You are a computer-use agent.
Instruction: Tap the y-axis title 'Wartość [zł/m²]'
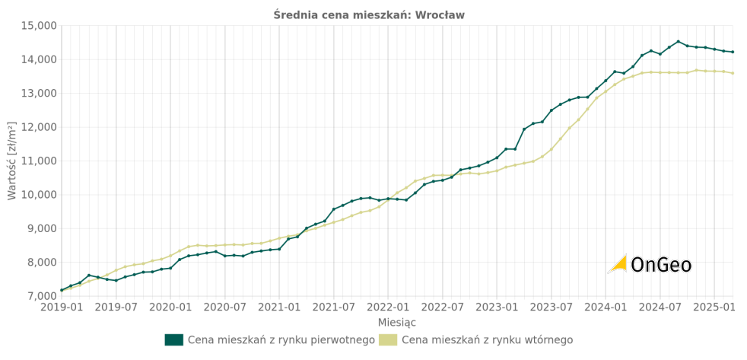pos(11,161)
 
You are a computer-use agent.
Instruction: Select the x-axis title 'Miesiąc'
pos(397,323)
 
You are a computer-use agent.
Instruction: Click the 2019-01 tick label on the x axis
pos(61,307)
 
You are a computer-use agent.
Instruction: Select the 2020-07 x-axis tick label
pos(224,307)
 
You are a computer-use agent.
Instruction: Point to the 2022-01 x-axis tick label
pos(388,307)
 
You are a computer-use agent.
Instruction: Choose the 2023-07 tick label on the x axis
pos(551,307)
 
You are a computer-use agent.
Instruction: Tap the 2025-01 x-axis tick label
pos(714,307)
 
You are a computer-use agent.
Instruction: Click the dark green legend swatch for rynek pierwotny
pos(173,340)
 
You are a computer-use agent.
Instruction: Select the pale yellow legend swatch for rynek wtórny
pos(387,340)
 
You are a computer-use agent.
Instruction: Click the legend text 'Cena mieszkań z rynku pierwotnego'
pos(281,340)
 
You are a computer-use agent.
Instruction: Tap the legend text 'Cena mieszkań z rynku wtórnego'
pos(487,340)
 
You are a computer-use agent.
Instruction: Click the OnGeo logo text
pos(661,265)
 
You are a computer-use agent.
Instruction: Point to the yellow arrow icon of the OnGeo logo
pos(618,264)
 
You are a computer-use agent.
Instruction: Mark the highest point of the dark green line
pos(678,42)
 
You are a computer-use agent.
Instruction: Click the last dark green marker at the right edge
pos(733,52)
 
